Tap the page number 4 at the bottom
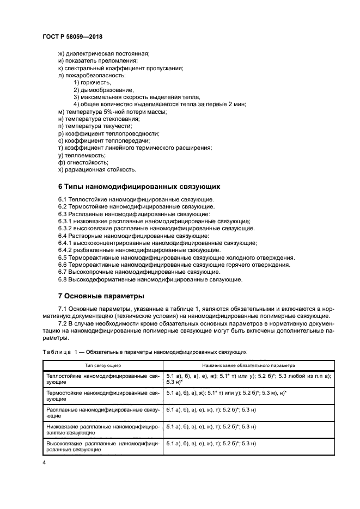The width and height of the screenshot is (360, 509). pos(44,462)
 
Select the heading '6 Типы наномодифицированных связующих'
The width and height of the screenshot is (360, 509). pos(139,186)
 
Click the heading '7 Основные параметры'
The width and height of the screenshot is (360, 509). pos(101,297)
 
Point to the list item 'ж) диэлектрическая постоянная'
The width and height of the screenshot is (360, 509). pos(103,53)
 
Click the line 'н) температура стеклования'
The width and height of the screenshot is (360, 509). pos(99,119)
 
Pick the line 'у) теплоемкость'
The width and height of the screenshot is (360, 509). pos(82,155)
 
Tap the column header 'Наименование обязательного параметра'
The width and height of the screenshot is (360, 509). pos(249,366)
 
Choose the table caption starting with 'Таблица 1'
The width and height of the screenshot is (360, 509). pos(145,352)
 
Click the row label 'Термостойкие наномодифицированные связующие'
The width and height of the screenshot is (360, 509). pos(102,396)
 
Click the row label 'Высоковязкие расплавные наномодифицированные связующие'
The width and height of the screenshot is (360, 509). pos(102,447)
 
